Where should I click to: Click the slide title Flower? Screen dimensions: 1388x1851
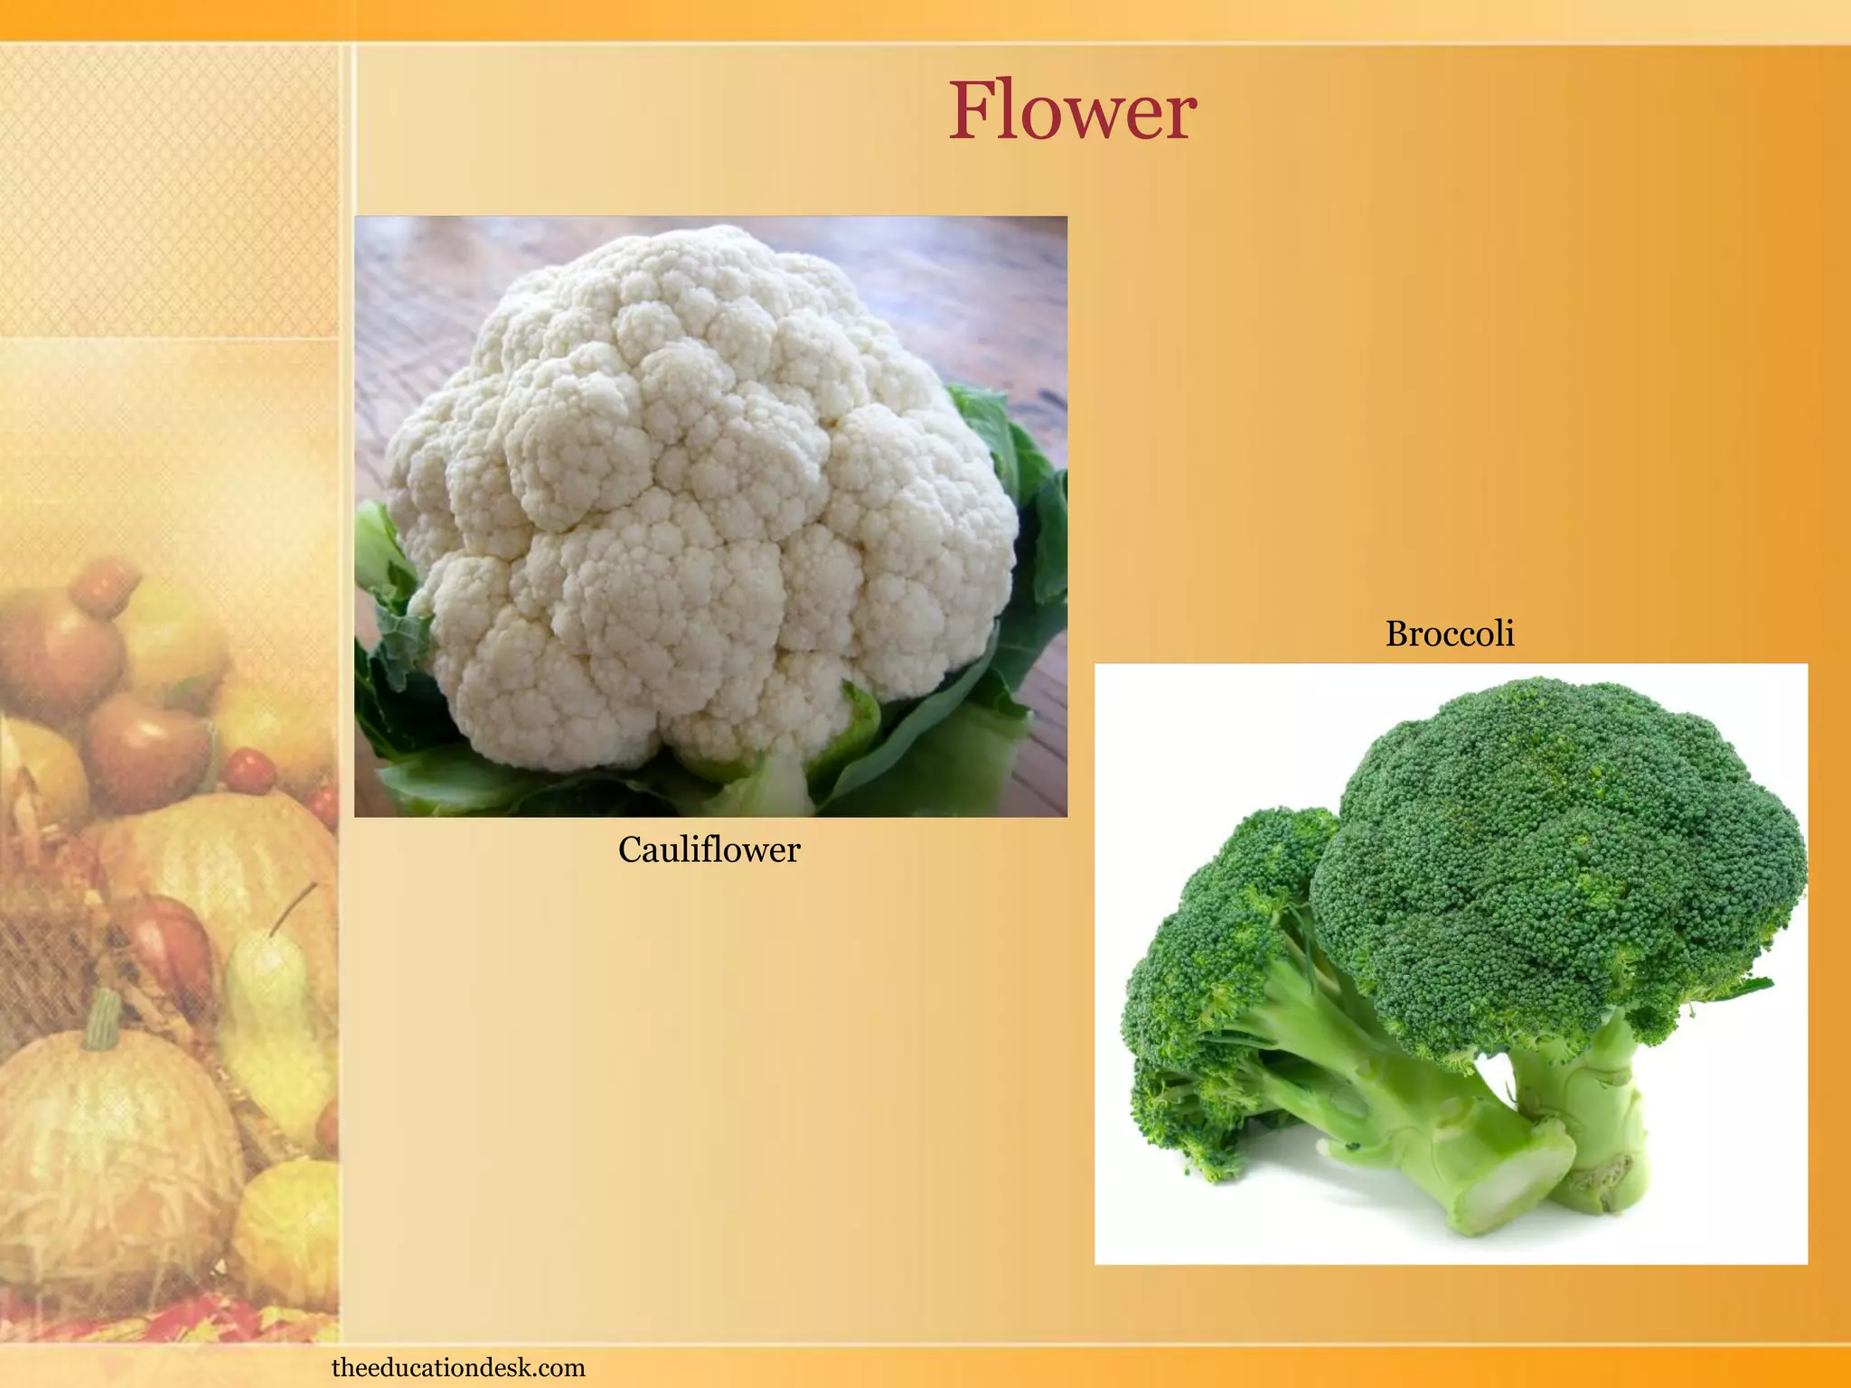[x=1072, y=112]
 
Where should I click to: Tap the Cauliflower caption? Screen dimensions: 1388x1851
[x=709, y=850]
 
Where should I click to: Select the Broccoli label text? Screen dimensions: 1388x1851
[x=1449, y=634]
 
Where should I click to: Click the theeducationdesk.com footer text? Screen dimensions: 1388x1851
[x=458, y=1367]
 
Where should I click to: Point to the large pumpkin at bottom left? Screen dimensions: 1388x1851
[x=108, y=1166]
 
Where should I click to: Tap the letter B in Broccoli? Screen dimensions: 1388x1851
[x=1397, y=634]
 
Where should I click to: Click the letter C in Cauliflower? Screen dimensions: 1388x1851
[x=630, y=850]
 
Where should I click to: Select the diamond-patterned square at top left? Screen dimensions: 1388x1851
[x=167, y=190]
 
